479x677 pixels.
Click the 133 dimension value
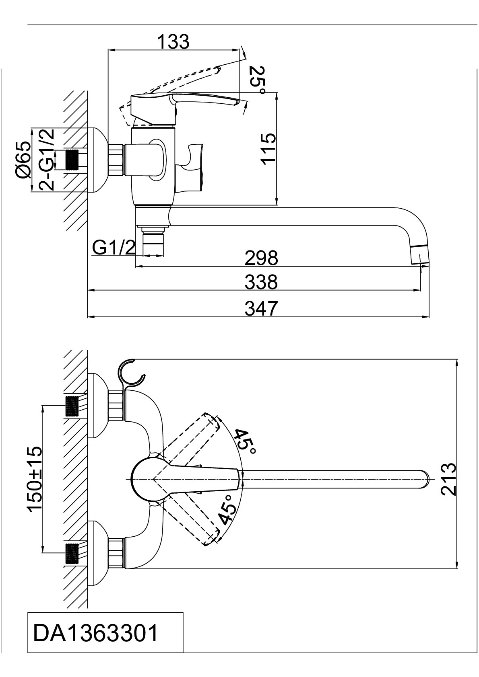[173, 41]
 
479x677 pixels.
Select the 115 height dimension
[268, 149]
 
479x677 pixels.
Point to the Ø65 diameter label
[23, 160]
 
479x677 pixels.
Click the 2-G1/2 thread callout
[47, 160]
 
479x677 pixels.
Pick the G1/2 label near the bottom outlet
[114, 248]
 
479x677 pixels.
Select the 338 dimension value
[261, 282]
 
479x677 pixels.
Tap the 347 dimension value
[261, 308]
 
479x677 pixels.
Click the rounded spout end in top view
[423, 479]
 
